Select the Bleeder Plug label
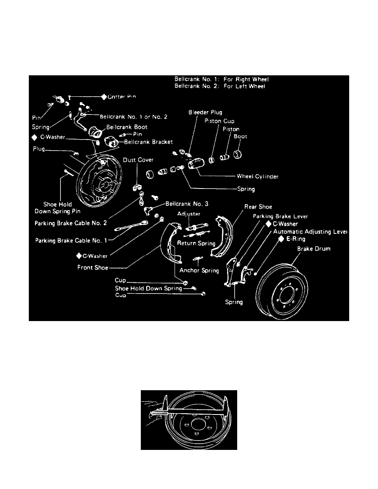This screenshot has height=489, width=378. coord(205,112)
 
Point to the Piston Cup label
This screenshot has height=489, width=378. coord(219,121)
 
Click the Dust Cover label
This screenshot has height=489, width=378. coord(138,160)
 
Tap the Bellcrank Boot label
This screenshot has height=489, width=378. coord(127,127)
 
